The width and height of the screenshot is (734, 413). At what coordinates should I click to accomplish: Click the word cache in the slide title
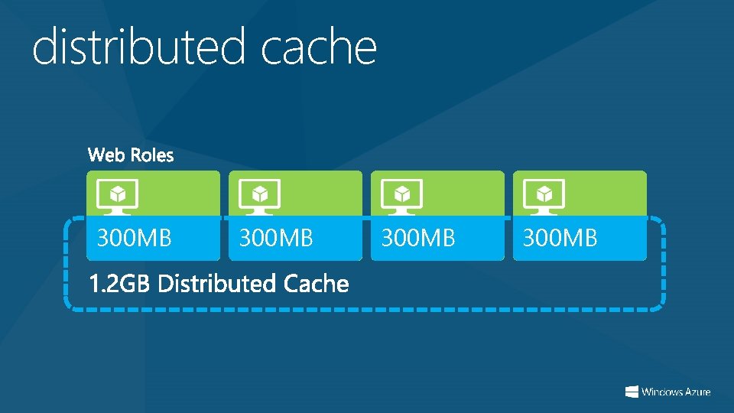(x=319, y=47)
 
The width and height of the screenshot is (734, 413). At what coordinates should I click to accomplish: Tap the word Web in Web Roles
(x=106, y=156)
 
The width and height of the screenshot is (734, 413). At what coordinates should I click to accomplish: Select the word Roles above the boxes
(x=151, y=156)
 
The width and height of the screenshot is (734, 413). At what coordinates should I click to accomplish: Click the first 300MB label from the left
(x=134, y=239)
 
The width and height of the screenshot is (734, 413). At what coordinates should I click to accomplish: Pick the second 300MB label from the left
(x=276, y=239)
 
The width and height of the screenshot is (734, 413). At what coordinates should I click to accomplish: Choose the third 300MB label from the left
(x=418, y=239)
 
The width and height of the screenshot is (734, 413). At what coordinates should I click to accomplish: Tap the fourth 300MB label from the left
(x=560, y=239)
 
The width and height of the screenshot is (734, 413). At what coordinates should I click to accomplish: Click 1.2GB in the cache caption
(x=120, y=285)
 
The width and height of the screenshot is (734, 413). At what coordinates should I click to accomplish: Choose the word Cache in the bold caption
(x=316, y=285)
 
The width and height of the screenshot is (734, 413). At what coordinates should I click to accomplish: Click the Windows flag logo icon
(x=632, y=392)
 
